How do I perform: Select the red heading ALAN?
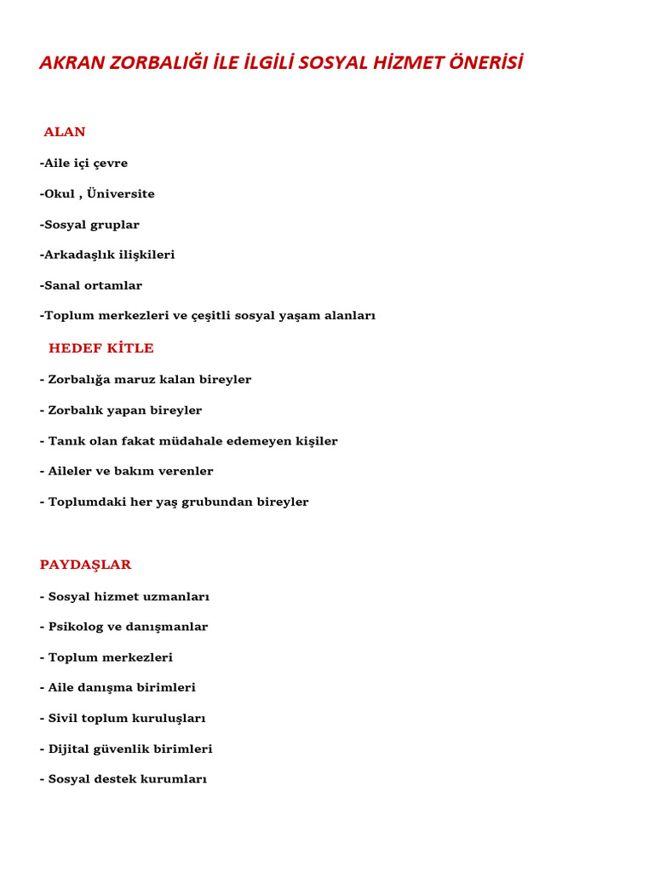[65, 132]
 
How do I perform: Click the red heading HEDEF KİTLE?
[101, 348]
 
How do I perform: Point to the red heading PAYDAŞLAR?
[86, 565]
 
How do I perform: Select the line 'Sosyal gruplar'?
[89, 225]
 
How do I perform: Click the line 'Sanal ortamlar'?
[91, 285]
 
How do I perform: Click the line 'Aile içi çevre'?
[83, 163]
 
